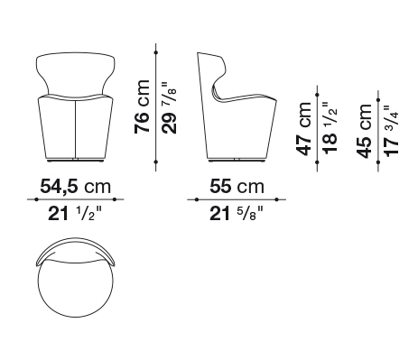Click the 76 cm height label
point(142,106)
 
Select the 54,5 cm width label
point(76,187)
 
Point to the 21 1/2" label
point(75,214)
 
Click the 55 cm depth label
point(237,187)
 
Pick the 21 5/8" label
point(237,214)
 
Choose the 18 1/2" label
point(330,129)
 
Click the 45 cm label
point(364,131)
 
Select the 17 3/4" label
point(392,131)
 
